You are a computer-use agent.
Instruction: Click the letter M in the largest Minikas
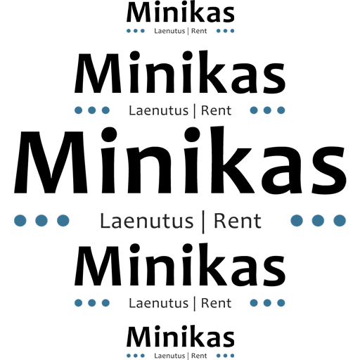click(x=51, y=162)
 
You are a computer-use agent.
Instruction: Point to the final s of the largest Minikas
click(x=329, y=170)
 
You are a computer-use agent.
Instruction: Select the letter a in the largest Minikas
click(x=283, y=170)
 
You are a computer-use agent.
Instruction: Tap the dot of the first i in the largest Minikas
click(x=109, y=135)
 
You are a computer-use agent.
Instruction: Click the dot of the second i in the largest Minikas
click(x=192, y=135)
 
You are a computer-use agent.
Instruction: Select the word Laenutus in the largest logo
click(x=147, y=221)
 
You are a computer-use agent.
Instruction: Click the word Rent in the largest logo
click(x=238, y=221)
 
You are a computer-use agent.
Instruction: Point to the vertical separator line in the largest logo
click(x=203, y=222)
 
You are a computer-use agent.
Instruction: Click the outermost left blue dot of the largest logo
click(x=20, y=221)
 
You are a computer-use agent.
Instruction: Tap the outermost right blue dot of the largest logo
click(x=340, y=221)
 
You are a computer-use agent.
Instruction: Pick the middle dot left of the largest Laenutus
click(x=41, y=221)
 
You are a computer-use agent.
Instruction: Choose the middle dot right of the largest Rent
click(x=318, y=221)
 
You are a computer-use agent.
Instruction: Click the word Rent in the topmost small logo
click(x=199, y=31)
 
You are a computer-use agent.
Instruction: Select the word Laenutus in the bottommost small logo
click(x=169, y=356)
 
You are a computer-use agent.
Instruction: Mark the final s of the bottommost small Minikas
click(x=229, y=339)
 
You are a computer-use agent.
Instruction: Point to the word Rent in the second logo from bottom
click(x=217, y=303)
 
